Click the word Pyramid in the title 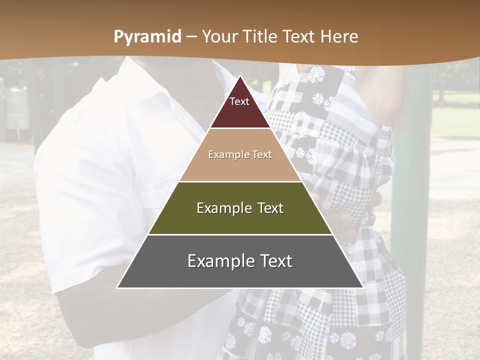coord(147,37)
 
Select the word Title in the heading coord(260,37)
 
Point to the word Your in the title coord(220,37)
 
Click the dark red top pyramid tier coord(240,112)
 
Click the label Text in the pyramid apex coord(239,101)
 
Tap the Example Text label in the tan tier coord(240,155)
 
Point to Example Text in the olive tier coord(240,208)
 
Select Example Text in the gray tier coord(240,261)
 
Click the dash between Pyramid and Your coord(191,37)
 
